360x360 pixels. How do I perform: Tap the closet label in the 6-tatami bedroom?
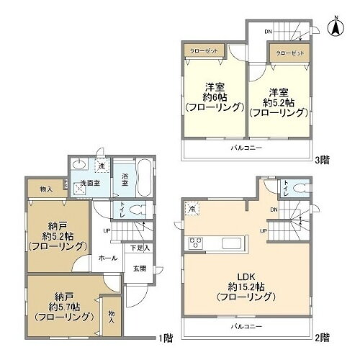[204, 51]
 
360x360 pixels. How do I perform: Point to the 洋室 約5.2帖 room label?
[279, 102]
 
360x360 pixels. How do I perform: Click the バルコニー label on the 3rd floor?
[246, 148]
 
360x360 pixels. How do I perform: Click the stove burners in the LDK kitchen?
[195, 241]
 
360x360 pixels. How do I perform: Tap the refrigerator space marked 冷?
[194, 209]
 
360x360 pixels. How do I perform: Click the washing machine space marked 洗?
[102, 167]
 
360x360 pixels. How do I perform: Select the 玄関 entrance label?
[139, 269]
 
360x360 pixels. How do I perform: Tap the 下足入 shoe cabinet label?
[140, 248]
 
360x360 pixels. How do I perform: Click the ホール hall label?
[109, 258]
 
